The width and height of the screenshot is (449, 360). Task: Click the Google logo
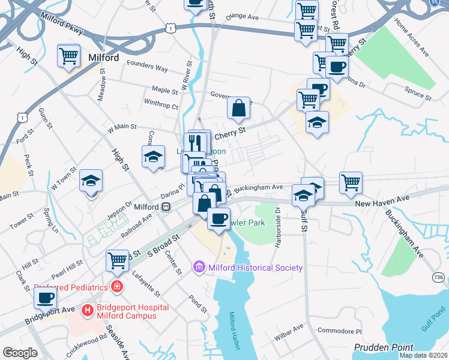point(20,352)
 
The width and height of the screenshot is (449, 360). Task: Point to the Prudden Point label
point(384,347)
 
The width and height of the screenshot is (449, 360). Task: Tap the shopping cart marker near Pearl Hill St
point(117,260)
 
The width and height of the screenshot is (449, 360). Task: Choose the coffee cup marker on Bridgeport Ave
point(45,297)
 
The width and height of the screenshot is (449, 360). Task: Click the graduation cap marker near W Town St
point(91,181)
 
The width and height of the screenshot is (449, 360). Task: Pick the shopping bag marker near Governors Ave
point(238,108)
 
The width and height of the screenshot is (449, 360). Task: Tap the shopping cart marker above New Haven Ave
point(351,182)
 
